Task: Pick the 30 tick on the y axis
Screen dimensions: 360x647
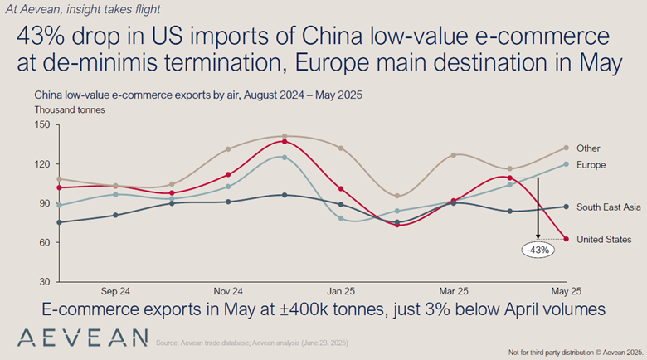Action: click(45, 282)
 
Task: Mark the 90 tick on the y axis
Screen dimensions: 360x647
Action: click(45, 203)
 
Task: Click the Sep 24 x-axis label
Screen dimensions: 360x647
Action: click(115, 292)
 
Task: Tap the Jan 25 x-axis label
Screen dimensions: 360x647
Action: click(341, 292)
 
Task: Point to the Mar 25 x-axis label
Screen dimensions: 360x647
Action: click(454, 292)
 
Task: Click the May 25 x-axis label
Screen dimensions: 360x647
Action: click(567, 292)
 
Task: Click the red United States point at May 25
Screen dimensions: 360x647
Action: click(566, 239)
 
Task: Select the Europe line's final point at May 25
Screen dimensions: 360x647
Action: click(566, 164)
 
